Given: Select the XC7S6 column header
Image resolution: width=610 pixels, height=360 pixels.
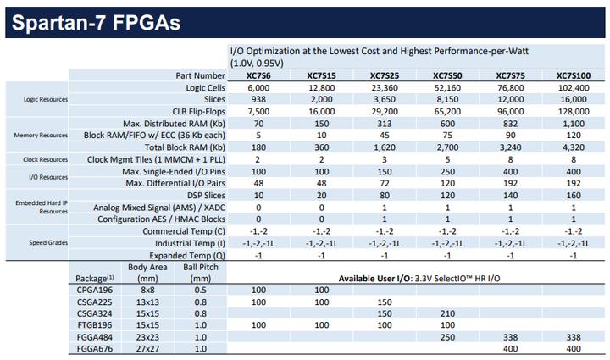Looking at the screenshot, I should pos(258,76).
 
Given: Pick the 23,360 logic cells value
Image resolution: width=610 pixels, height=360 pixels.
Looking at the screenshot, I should pos(384,88).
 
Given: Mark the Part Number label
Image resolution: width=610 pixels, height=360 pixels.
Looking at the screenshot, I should pos(196,76).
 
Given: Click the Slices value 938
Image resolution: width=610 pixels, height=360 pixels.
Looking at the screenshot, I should pos(258,99).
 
